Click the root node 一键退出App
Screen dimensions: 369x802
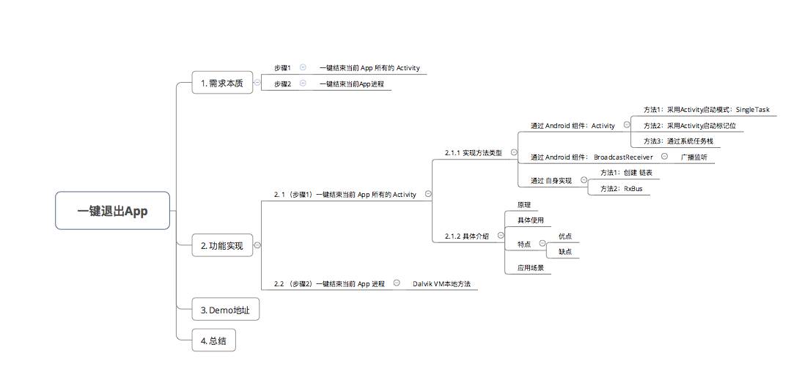click(x=113, y=211)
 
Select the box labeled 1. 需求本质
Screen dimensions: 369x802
click(x=222, y=83)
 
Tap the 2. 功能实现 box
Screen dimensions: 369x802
click(x=222, y=246)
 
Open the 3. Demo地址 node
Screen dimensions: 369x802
click(x=225, y=310)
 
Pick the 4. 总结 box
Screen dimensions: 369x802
click(x=213, y=340)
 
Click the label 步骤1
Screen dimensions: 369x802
click(x=282, y=67)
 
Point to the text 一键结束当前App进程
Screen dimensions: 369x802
click(x=351, y=84)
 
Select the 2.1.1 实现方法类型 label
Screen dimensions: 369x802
click(x=473, y=153)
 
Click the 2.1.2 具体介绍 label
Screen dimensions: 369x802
click(x=466, y=236)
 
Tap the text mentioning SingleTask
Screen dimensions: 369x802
click(x=706, y=110)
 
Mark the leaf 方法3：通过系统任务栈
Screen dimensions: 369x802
click(x=678, y=141)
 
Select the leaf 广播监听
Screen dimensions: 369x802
click(x=693, y=157)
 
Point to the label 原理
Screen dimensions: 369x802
click(x=524, y=205)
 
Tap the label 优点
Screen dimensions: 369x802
click(x=564, y=236)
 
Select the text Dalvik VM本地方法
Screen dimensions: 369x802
click(x=441, y=283)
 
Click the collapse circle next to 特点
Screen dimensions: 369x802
click(x=542, y=243)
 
